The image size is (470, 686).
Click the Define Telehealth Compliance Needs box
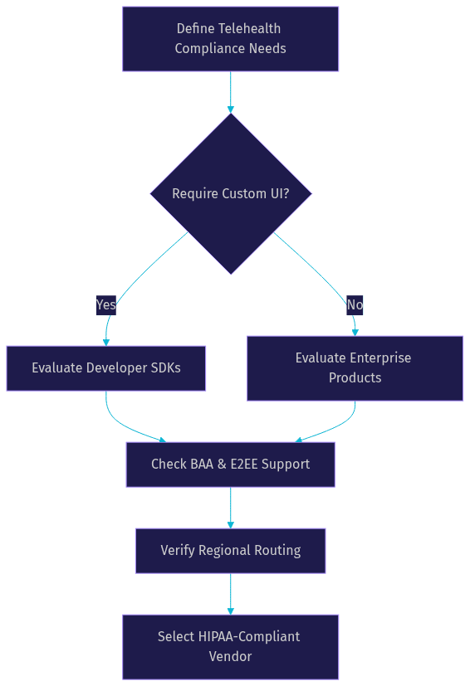[x=230, y=39]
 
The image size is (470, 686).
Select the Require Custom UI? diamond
[x=231, y=194]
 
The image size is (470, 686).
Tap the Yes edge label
[x=106, y=304]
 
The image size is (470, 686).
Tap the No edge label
[x=355, y=304]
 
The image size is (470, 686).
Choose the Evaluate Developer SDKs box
[x=106, y=368]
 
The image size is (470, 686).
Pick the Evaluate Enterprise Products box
[x=355, y=368]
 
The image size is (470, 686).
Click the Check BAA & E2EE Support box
[x=230, y=465]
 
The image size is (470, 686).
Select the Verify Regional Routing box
[x=230, y=551]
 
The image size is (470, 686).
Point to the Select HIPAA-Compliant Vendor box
[x=230, y=647]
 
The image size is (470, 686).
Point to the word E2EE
[x=244, y=465]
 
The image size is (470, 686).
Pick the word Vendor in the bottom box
[x=230, y=657]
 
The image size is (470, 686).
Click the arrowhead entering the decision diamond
[x=230, y=109]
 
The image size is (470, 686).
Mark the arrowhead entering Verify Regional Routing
[x=230, y=525]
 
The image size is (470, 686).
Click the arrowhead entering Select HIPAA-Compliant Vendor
[x=230, y=611]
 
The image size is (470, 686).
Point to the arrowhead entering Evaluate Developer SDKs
[x=106, y=343]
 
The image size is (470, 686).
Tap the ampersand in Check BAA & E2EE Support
[x=222, y=465]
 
